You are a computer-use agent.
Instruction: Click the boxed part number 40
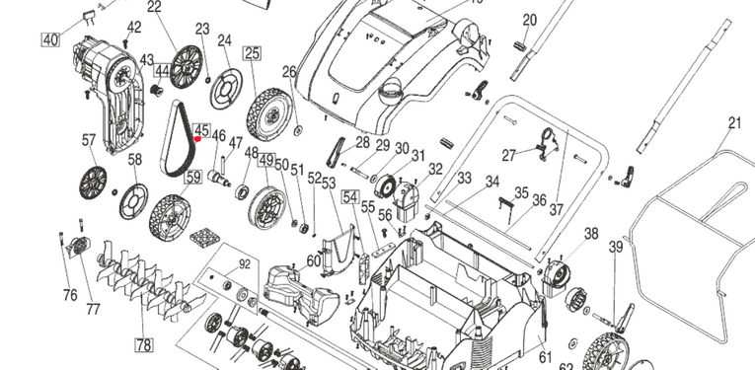point(50,39)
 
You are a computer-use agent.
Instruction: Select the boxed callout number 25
point(253,53)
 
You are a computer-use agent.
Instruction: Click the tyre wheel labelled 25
point(269,114)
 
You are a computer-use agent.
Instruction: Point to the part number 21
point(734,123)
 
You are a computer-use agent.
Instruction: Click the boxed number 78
point(144,344)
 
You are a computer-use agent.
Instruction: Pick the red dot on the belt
point(197,139)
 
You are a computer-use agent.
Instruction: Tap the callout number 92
point(245,264)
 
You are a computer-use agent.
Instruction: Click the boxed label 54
point(351,197)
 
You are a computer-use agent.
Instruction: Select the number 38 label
point(591,234)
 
